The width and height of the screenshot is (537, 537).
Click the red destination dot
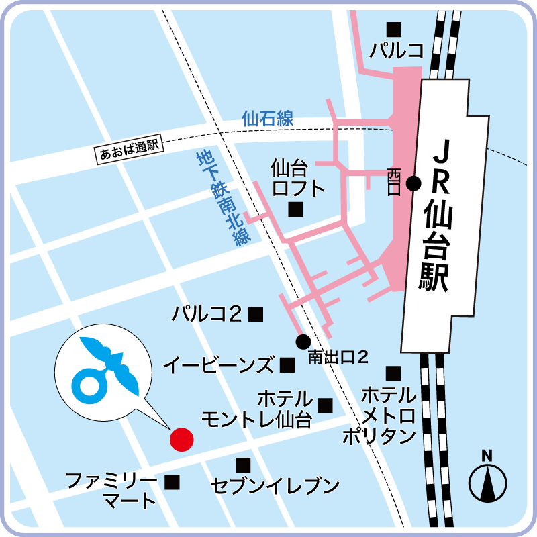pos(181,440)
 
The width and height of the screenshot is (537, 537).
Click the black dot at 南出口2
pos(303,340)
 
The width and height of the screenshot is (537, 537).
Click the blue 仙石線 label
pos(268,119)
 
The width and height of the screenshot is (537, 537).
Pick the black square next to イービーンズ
pos(287,365)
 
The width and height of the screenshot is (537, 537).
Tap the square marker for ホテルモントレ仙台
pos(326,405)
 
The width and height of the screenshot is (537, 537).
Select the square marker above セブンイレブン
pos(243,465)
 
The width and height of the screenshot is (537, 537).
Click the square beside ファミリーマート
pos(173,481)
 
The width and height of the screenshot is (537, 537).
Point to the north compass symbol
pos(487,479)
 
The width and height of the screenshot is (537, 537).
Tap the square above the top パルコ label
pos(393,29)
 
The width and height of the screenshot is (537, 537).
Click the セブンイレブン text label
pos(275,485)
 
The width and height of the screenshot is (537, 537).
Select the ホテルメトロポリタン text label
pos(380,415)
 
